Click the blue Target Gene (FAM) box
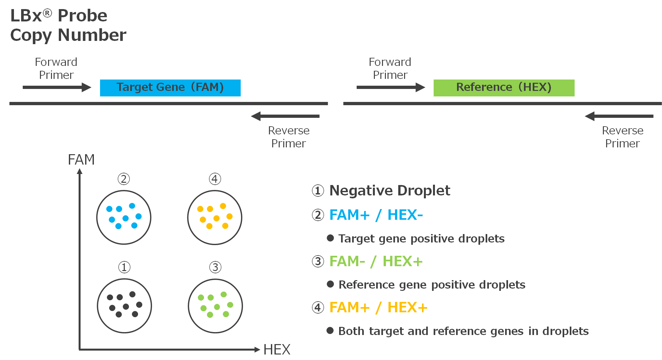click(x=170, y=88)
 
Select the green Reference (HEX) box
click(x=504, y=88)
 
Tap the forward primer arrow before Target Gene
click(x=57, y=87)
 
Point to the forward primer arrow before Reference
click(x=391, y=87)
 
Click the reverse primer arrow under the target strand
click(x=285, y=116)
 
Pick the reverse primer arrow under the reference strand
click(x=619, y=116)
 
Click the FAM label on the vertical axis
click(x=81, y=160)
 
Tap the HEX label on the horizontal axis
click(x=277, y=350)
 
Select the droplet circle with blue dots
click(x=124, y=217)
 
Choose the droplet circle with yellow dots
click(x=215, y=217)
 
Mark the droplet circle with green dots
click(x=215, y=305)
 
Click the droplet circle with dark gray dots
click(x=124, y=305)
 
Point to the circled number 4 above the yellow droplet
click(x=215, y=179)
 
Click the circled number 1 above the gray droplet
click(x=124, y=267)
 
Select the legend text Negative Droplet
click(x=389, y=191)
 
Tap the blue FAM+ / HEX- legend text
click(x=376, y=215)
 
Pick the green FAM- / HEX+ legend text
click(x=376, y=261)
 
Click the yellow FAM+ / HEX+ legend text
click(x=378, y=307)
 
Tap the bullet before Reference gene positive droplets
click(x=330, y=284)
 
